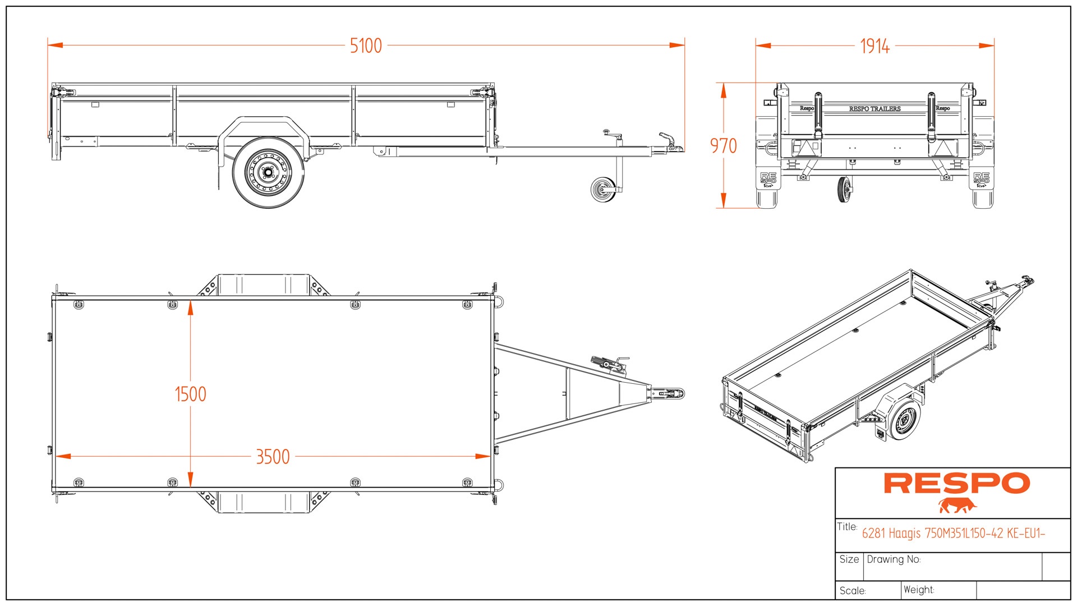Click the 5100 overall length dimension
coord(366,45)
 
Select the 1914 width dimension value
coord(875,46)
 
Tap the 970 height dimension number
coord(723,146)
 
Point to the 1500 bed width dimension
coord(190,394)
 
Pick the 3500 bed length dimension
coord(273,457)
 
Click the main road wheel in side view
coord(268,172)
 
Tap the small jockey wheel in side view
coord(603,190)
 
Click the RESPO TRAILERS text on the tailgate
coord(875,109)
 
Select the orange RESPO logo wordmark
coord(956,483)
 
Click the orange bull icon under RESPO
coord(957,506)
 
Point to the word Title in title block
coord(847,526)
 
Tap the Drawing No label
coord(894,559)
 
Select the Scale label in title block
coord(853,590)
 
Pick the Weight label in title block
coord(918,590)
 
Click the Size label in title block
coord(849,559)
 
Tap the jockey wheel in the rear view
coord(844,189)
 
